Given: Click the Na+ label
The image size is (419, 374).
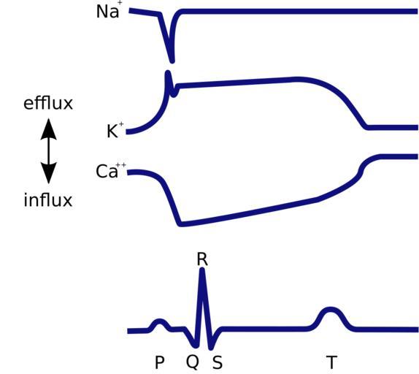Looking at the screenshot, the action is click(x=109, y=11).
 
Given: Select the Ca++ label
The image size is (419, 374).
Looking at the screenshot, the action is click(x=111, y=170).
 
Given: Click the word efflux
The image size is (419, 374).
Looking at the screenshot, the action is click(x=48, y=103).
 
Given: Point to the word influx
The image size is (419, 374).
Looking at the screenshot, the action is click(x=48, y=199).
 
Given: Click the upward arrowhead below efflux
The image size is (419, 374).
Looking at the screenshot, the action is click(x=48, y=129).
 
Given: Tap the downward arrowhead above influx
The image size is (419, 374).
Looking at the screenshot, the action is click(x=48, y=173).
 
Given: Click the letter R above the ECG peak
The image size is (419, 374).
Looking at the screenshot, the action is click(x=202, y=259).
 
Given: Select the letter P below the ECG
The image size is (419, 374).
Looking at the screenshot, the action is click(x=160, y=362).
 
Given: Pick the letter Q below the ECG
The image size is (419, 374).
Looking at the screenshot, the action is click(x=193, y=362).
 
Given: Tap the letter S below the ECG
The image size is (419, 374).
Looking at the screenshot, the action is click(x=218, y=362).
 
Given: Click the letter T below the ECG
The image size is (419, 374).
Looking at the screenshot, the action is click(x=331, y=362).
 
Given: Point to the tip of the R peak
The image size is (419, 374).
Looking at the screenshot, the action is click(x=202, y=270).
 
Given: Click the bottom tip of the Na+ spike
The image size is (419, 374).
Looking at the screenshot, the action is click(x=172, y=61).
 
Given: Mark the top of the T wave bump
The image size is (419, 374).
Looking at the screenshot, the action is click(x=331, y=309).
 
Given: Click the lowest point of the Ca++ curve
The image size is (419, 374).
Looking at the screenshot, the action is click(x=180, y=224).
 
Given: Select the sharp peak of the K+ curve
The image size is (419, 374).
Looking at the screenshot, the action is click(x=168, y=72).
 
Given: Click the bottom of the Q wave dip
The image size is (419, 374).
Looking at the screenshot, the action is click(x=196, y=346).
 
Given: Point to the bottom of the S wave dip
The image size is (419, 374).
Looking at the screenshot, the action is click(x=211, y=348).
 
